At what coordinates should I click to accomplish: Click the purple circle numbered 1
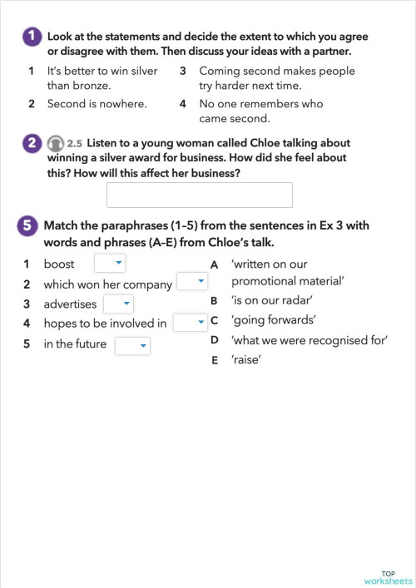(x=31, y=37)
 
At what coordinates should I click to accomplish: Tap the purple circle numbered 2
(x=31, y=143)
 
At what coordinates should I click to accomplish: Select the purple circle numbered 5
(x=27, y=225)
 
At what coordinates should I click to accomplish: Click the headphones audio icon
(x=55, y=144)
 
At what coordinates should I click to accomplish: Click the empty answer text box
(x=200, y=195)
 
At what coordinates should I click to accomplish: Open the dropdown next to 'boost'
(x=109, y=264)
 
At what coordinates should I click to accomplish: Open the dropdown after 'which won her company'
(x=191, y=283)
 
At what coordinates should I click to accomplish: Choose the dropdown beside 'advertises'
(x=118, y=304)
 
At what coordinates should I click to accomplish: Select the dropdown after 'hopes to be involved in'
(x=191, y=323)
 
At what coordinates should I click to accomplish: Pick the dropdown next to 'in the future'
(x=132, y=344)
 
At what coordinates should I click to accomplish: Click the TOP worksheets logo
(x=388, y=576)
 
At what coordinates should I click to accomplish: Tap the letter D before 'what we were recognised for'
(x=215, y=340)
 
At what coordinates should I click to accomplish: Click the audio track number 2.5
(x=75, y=144)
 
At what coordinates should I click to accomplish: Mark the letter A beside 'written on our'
(x=215, y=264)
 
